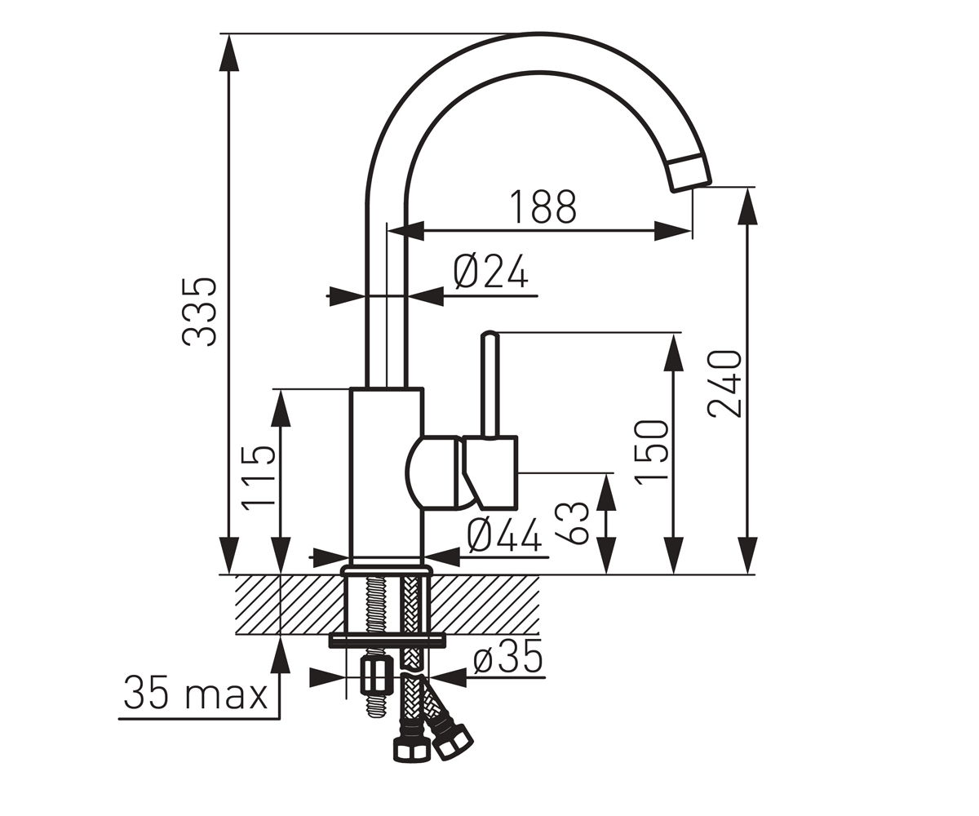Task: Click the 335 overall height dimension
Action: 200,313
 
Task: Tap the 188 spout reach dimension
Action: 543,206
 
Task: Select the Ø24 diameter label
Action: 491,272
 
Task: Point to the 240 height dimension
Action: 725,384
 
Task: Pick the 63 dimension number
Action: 572,523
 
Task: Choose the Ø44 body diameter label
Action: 504,536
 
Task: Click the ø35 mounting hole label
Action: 507,656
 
